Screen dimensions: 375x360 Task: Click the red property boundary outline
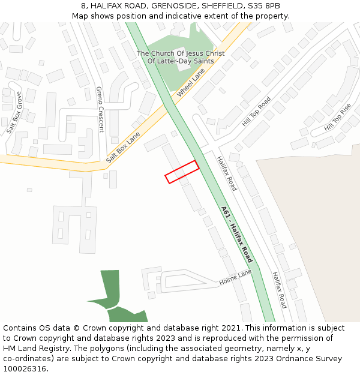coord(182,172)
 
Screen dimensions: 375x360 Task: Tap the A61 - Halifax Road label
coord(237,235)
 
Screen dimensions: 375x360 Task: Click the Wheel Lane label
coord(191,83)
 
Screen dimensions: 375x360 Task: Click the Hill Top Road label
coord(256,111)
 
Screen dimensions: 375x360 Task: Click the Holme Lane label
coord(235,277)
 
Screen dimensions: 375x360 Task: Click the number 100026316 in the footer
coord(25,368)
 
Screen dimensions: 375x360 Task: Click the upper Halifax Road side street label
coord(227,173)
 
